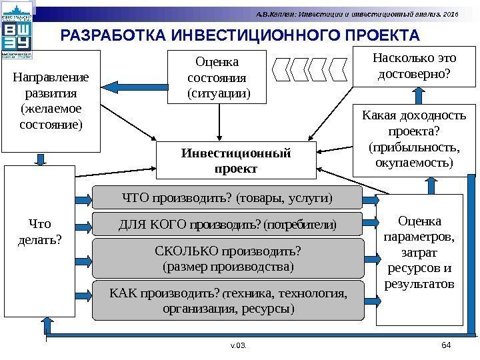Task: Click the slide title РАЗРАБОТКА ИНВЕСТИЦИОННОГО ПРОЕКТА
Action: pos(240,34)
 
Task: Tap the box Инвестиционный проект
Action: pos(235,161)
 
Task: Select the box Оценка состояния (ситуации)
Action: pos(219,77)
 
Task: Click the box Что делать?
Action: pos(39,240)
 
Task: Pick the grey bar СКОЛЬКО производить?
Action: pos(228,259)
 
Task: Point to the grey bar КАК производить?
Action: pos(228,301)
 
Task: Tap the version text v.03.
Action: pos(239,346)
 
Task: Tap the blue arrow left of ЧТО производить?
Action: pos(84,198)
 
